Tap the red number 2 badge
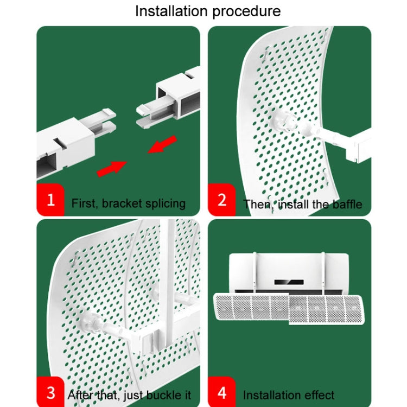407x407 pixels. [221, 199]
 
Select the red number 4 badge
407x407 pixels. [221, 392]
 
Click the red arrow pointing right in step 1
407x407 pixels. [111, 168]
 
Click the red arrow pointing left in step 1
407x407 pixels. [162, 145]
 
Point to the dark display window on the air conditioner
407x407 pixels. [288, 282]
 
